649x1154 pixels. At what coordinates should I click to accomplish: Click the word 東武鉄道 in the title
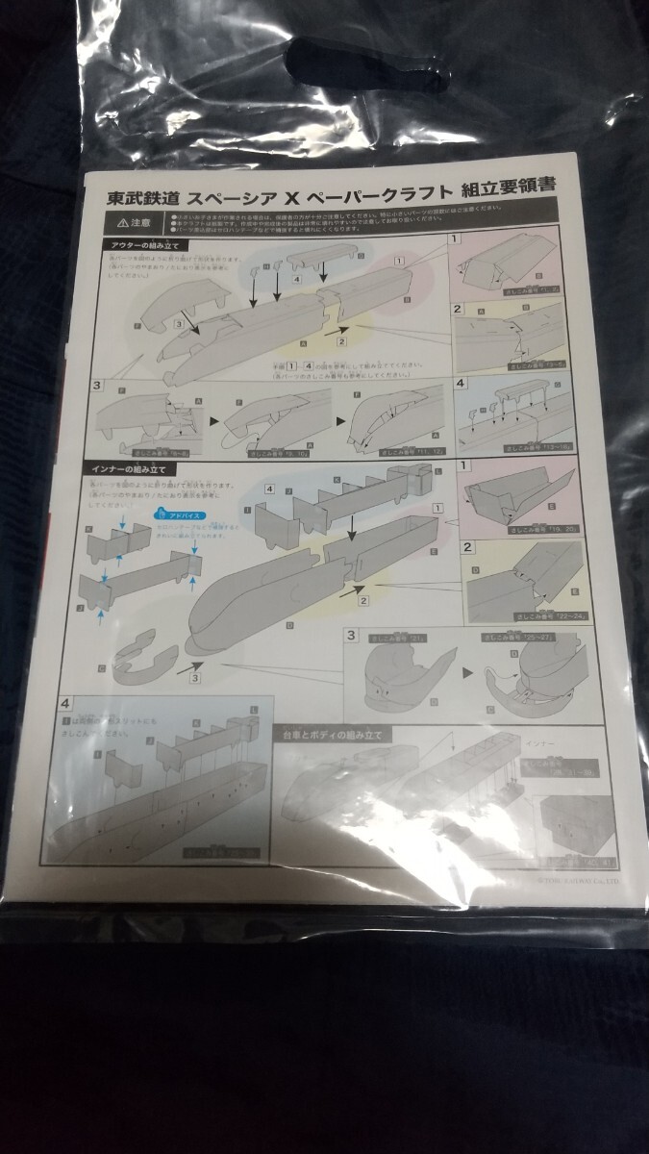(x=142, y=198)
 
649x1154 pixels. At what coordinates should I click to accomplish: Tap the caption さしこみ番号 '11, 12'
(x=380, y=449)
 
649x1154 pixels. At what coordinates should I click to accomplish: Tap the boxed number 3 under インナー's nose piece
(x=195, y=680)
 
